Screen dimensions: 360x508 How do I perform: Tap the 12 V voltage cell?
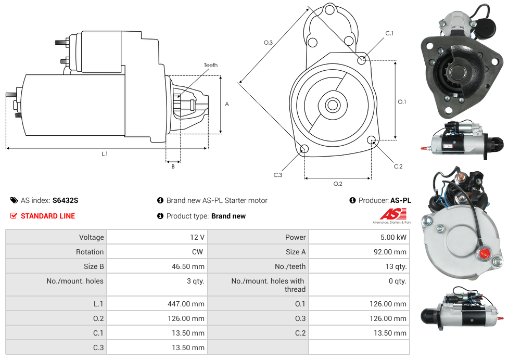coord(197,237)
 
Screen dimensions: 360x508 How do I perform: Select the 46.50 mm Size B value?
coord(188,266)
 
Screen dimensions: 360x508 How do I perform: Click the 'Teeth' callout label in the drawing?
coord(211,65)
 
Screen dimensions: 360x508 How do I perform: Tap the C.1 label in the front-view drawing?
coord(389,33)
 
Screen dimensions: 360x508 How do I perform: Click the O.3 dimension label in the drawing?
coord(269,43)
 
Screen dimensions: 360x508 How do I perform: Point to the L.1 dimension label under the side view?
coord(105,153)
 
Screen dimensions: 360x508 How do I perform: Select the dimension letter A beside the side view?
coord(227,104)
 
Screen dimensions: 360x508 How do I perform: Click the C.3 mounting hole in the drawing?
coord(304,150)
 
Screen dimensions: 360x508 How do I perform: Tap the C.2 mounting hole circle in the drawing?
coord(372,140)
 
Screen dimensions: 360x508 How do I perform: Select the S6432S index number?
coord(65,200)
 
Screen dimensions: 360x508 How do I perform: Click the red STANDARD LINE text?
coord(48,216)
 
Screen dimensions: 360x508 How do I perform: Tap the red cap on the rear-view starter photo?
coord(482,254)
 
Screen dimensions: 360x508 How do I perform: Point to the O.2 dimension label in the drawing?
coord(338,184)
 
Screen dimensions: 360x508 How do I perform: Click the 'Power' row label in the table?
coord(295,237)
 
